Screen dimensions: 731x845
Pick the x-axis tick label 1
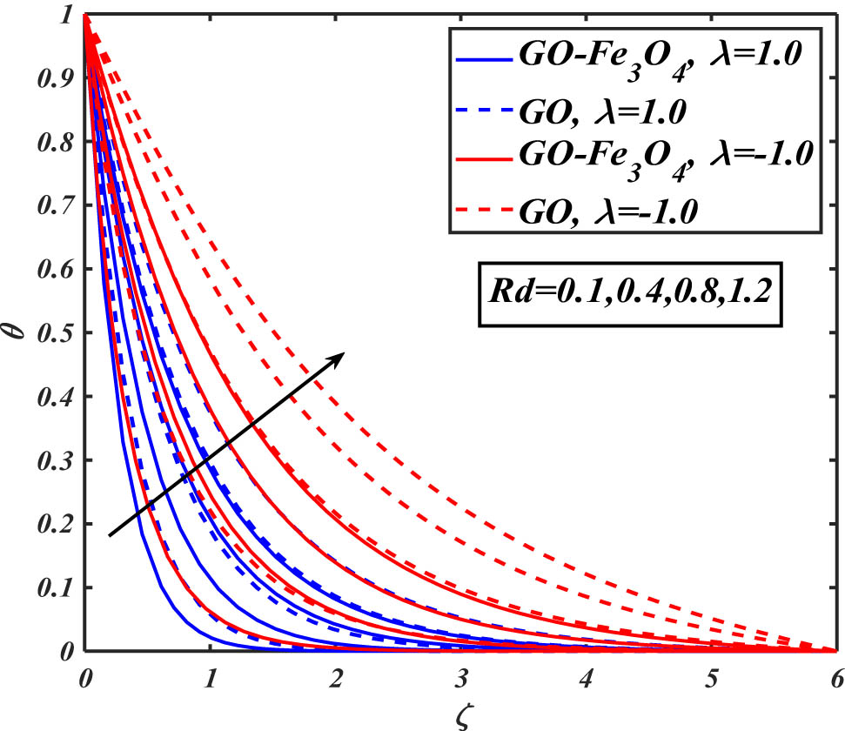pyautogui.click(x=210, y=675)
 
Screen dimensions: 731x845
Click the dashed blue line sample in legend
pyautogui.click(x=482, y=111)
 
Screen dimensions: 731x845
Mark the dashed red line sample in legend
pyautogui.click(x=482, y=211)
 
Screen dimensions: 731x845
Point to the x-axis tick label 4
pyautogui.click(x=586, y=675)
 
